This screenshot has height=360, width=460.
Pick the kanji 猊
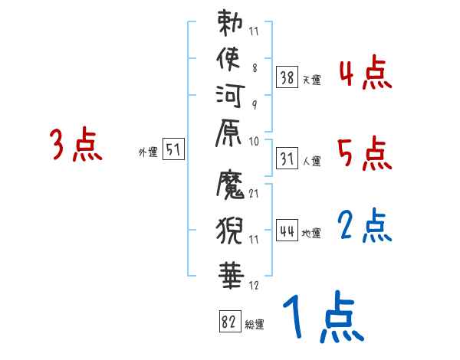click(x=231, y=228)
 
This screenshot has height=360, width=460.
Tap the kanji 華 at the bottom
click(x=231, y=273)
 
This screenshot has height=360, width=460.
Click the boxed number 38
click(x=287, y=77)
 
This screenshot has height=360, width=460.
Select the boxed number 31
click(x=287, y=159)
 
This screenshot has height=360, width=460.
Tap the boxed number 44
click(x=287, y=231)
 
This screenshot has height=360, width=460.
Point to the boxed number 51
click(x=173, y=150)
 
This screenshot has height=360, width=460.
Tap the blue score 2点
click(x=365, y=227)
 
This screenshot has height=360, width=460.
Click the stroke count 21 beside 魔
click(x=255, y=193)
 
